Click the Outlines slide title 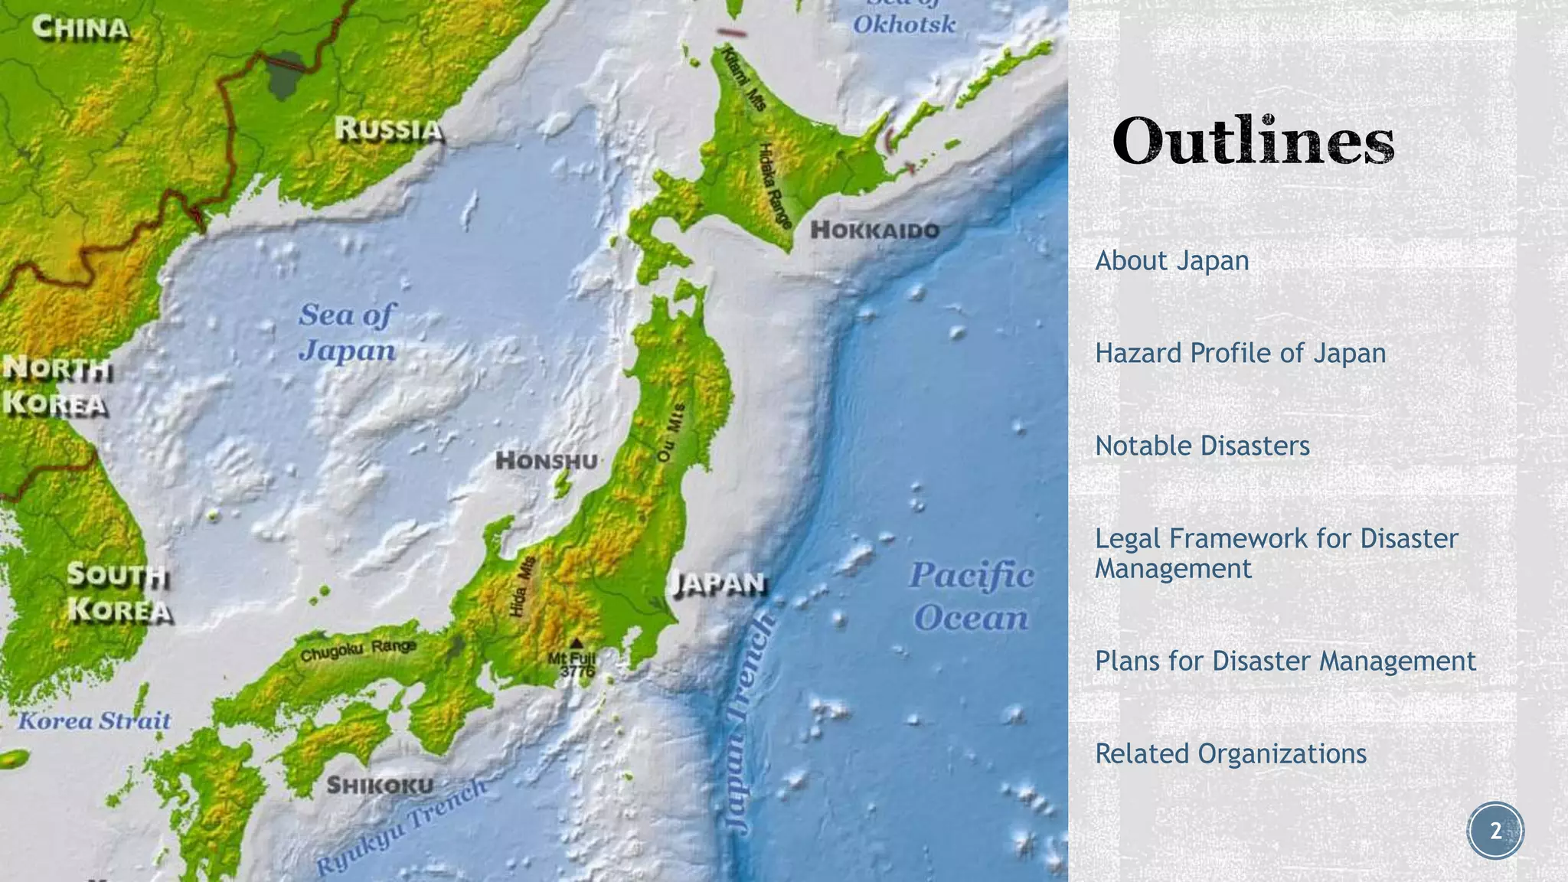tap(1253, 142)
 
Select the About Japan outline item tap(1171, 261)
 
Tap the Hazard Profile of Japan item tap(1240, 354)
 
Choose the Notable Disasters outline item tap(1202, 446)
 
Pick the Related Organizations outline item tap(1230, 754)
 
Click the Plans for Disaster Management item tap(1285, 661)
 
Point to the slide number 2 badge tap(1495, 831)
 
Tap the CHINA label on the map tap(81, 29)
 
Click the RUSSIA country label tap(389, 129)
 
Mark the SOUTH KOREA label tap(119, 593)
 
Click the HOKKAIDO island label tap(874, 230)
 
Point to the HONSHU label tap(546, 461)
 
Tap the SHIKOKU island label tap(380, 786)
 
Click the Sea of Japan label tap(347, 332)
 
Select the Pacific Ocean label tap(971, 596)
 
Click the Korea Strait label tap(94, 720)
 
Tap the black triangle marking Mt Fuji tap(577, 643)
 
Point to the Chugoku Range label tap(358, 651)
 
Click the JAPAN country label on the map tap(718, 584)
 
